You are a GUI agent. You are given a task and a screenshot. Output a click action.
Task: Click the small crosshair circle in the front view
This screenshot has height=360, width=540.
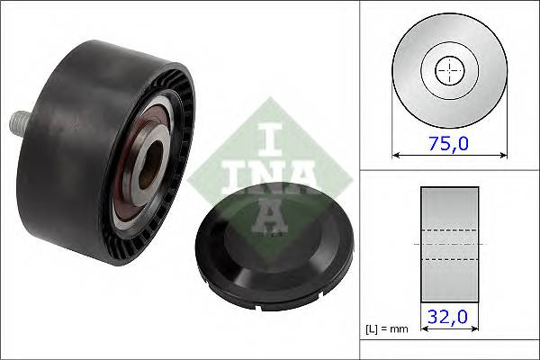pyautogui.click(x=447, y=69)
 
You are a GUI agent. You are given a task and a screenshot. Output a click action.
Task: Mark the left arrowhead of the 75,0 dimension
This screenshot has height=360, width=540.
pyautogui.click(x=396, y=153)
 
